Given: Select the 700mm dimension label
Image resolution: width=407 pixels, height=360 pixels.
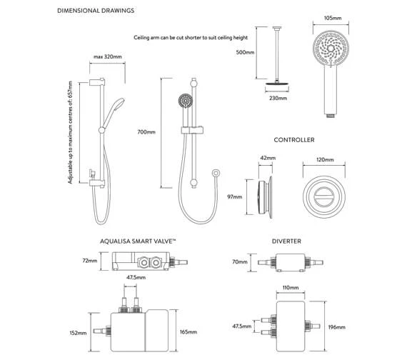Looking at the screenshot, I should [x=146, y=132].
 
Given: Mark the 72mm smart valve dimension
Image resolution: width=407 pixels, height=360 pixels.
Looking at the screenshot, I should [x=89, y=261].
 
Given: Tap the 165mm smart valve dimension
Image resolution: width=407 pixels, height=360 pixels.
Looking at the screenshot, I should [x=208, y=332].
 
